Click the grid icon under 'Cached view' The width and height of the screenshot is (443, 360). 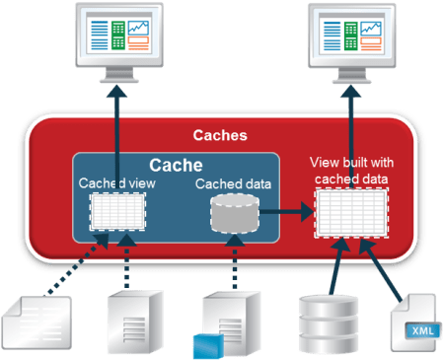(117, 211)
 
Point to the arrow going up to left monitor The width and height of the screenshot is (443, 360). (116, 138)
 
